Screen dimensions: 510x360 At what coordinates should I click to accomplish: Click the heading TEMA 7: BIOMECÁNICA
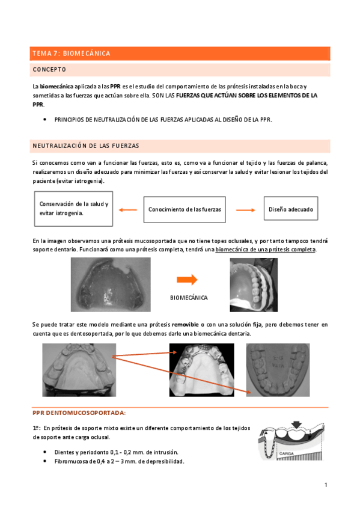[72, 54]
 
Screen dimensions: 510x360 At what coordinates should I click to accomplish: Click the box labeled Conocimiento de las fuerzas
[185, 209]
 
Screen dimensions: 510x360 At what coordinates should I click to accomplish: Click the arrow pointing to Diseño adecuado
[245, 209]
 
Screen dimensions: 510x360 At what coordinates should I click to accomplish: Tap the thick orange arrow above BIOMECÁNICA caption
[188, 279]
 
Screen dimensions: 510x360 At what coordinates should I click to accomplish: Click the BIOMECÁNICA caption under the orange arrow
[189, 298]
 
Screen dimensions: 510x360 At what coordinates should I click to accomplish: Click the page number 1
[325, 485]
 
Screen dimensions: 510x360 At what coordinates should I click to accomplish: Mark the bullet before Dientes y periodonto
[46, 452]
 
